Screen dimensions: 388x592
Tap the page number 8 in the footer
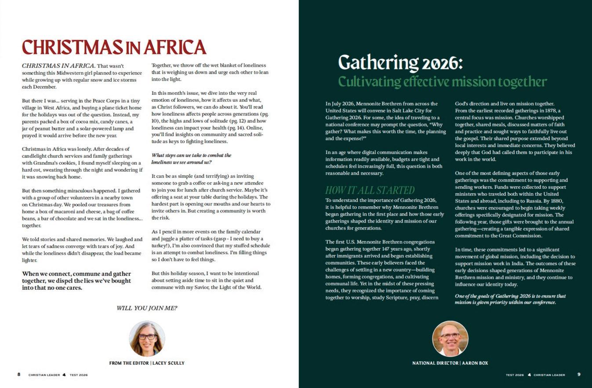19,375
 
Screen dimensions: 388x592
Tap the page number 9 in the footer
579,375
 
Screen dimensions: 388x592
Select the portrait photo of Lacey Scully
147,338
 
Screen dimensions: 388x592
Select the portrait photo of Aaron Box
450,338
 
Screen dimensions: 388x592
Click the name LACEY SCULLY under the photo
168,363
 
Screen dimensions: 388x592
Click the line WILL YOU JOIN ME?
147,308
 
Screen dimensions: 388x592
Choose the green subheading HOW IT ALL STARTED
370,190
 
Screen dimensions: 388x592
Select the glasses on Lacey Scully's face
147,337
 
